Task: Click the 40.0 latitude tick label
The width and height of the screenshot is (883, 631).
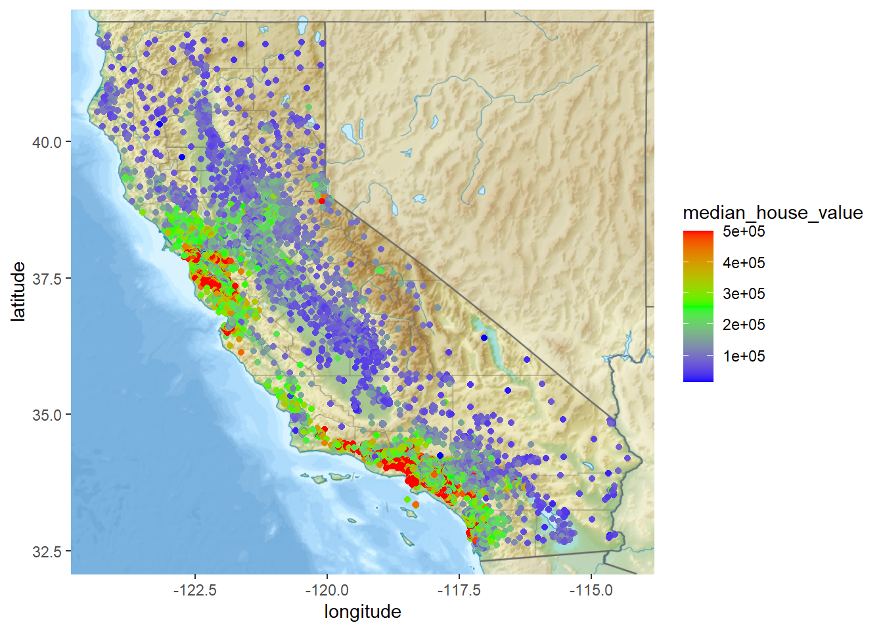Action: [x=47, y=142]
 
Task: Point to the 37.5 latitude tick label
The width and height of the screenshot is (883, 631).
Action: [x=47, y=279]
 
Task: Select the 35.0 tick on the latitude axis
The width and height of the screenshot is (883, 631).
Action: [x=47, y=415]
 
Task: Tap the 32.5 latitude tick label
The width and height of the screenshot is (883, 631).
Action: [x=47, y=551]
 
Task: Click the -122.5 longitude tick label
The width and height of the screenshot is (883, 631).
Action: [x=195, y=590]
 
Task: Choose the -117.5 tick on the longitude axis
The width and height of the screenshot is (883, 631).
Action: [x=459, y=590]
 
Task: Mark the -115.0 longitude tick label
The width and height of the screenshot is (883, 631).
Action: [x=591, y=590]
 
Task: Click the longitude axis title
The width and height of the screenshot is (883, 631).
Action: [x=363, y=612]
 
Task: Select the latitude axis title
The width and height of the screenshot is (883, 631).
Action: [x=18, y=291]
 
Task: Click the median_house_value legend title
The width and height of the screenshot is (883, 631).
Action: [x=773, y=212]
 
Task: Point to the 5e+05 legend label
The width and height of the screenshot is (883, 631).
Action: [x=744, y=231]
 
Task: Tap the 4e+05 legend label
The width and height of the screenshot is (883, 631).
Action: [x=744, y=263]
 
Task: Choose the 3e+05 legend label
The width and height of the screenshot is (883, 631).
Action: [x=744, y=294]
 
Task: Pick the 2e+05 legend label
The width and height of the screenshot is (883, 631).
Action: [x=744, y=325]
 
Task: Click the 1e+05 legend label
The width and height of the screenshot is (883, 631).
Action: [x=744, y=356]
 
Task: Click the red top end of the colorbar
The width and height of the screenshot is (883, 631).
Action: [x=698, y=234]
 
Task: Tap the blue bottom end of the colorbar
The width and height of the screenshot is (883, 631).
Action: [x=698, y=378]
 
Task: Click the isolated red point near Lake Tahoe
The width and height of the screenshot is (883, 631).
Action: [x=322, y=200]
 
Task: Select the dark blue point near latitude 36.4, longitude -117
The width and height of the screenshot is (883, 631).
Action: [x=484, y=338]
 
